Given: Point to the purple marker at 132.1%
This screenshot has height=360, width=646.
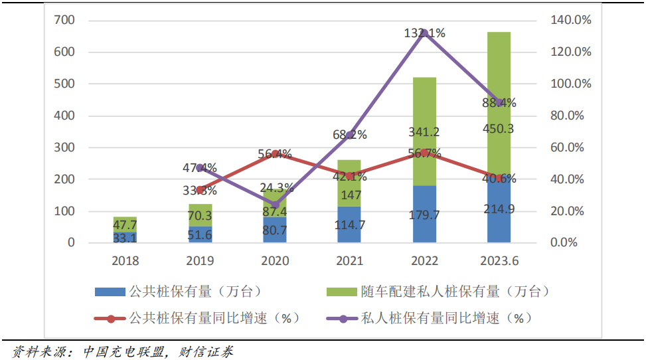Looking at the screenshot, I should (x=424, y=33).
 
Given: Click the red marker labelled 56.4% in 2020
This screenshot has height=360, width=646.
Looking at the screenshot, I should (x=275, y=154).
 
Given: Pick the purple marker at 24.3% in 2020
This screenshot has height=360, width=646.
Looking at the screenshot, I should (x=275, y=205).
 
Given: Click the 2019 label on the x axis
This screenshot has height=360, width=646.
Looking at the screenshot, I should (x=200, y=261).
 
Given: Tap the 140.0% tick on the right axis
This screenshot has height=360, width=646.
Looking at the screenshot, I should (x=570, y=21).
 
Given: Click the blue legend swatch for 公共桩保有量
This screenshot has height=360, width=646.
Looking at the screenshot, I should (x=109, y=292).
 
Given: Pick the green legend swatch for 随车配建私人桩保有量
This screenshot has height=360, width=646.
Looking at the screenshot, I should (x=341, y=292).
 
